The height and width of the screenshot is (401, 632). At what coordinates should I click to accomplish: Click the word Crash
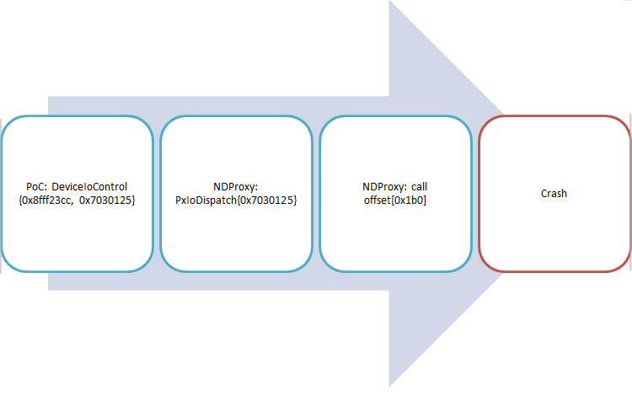(x=554, y=194)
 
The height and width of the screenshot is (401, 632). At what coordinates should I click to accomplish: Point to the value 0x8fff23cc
(x=47, y=200)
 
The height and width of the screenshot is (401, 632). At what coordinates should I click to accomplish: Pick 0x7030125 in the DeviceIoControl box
(x=107, y=200)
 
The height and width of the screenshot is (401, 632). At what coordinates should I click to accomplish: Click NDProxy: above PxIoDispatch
(x=236, y=187)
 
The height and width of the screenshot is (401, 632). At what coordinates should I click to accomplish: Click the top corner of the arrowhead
(x=389, y=2)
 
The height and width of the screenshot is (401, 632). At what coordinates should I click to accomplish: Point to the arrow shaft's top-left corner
(x=49, y=97)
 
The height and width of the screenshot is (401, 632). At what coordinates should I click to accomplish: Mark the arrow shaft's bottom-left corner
(x=49, y=290)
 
